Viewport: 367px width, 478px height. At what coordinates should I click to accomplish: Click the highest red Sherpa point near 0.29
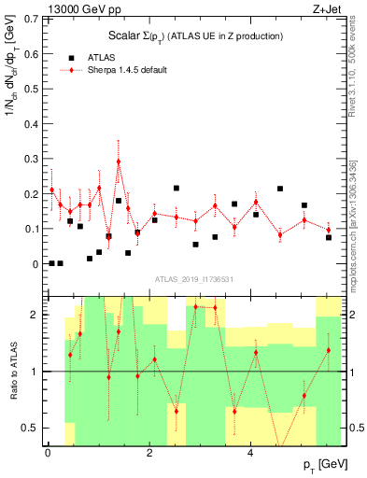pyautogui.click(x=119, y=162)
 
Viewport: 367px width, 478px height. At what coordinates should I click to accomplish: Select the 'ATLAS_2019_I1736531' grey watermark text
pyautogui.click(x=193, y=278)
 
